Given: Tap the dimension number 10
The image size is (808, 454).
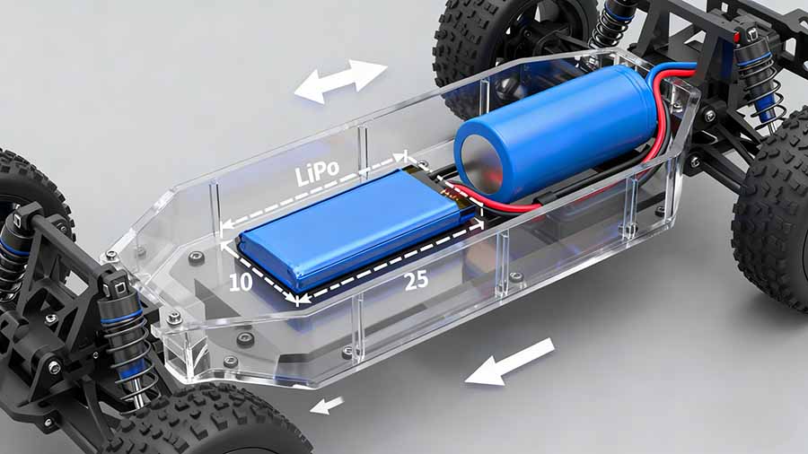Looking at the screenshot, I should (240, 284).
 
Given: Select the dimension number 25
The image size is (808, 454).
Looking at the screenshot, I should (416, 280).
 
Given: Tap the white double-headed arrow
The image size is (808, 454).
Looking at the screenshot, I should (340, 81).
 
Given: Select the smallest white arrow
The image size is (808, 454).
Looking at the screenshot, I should (327, 406).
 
